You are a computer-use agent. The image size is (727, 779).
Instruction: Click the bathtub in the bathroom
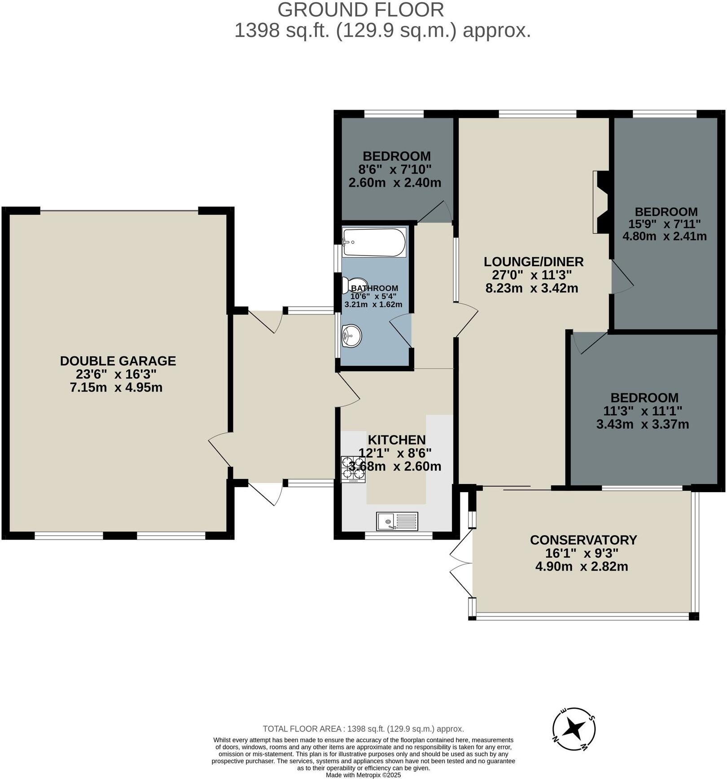pos(374,242)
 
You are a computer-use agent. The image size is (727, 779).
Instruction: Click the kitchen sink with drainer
pos(397,521)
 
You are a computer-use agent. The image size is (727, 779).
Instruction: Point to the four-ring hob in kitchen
pos(353,469)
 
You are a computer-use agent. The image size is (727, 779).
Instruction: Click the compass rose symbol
pos(574,728)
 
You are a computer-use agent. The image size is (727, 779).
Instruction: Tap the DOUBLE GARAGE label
pos(118,361)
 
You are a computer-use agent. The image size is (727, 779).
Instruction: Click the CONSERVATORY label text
pos(583,540)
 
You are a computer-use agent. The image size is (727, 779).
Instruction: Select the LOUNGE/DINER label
pos(533,262)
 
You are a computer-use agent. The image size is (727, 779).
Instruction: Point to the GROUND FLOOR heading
pos(361,10)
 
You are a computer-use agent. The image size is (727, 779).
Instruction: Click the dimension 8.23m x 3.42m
pos(532,288)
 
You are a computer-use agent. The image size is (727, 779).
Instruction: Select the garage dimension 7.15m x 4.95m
pos(116,387)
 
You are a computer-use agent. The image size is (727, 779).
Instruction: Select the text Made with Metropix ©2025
pos(363,775)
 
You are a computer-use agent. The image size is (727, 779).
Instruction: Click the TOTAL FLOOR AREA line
pos(363,729)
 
